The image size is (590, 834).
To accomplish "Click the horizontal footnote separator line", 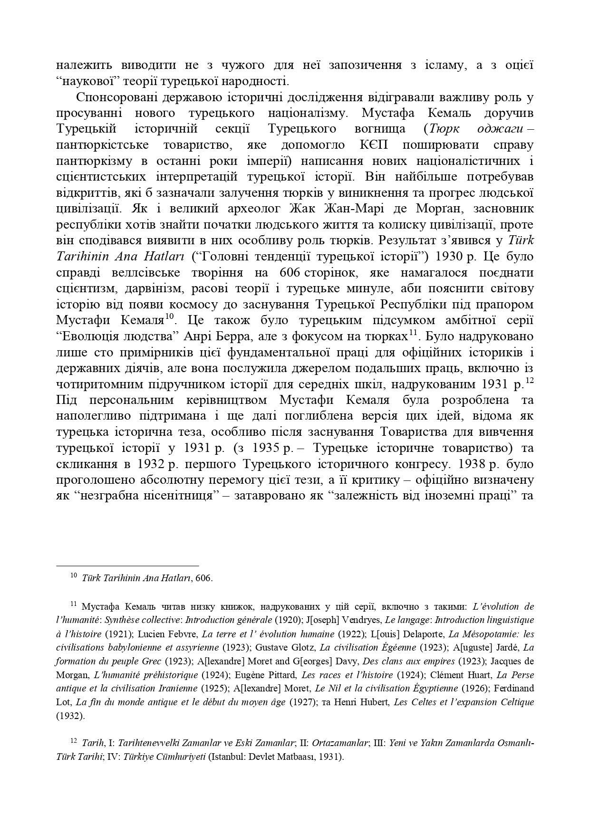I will (x=127, y=566).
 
